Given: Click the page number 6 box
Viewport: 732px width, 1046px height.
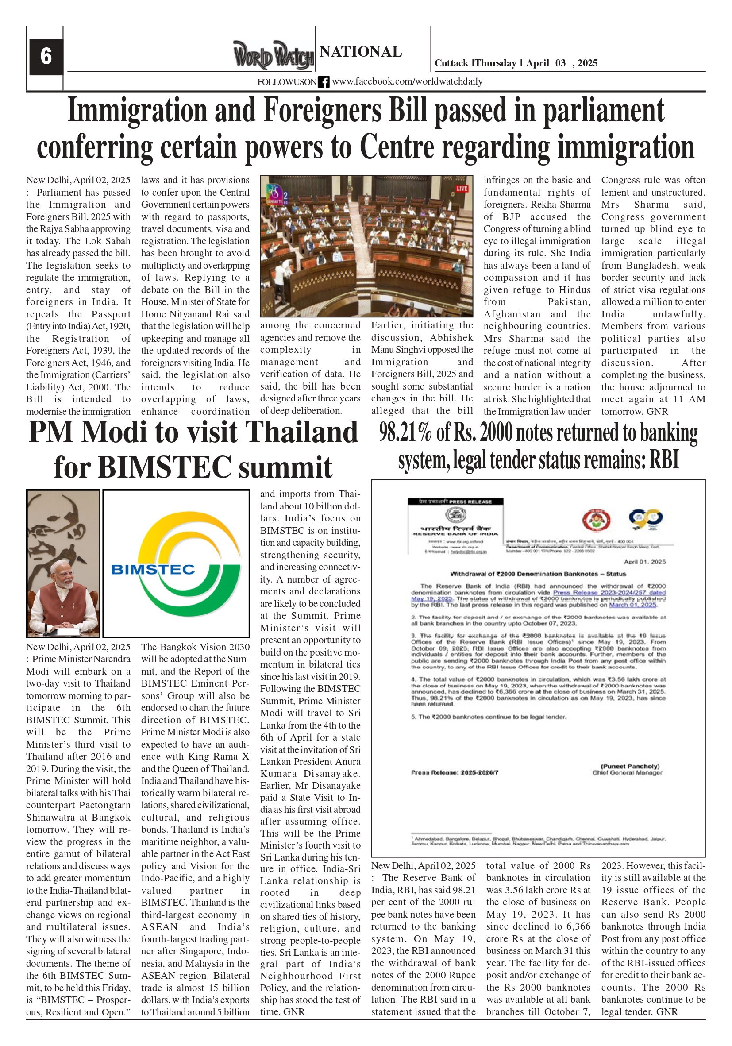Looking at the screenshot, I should pyautogui.click(x=46, y=57).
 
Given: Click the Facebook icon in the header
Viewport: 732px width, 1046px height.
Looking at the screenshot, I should pyautogui.click(x=324, y=82).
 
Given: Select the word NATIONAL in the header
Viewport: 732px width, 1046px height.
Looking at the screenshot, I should pyautogui.click(x=361, y=51).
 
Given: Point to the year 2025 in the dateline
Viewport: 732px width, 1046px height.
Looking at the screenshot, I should pyautogui.click(x=587, y=63).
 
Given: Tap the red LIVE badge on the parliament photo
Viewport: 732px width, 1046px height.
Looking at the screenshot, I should pyautogui.click(x=462, y=189).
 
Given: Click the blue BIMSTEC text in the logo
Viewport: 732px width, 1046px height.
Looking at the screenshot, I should pyautogui.click(x=153, y=569).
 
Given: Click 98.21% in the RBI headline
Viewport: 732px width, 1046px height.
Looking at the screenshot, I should pyautogui.click(x=405, y=433).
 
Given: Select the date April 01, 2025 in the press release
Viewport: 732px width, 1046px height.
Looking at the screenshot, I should pyautogui.click(x=644, y=561).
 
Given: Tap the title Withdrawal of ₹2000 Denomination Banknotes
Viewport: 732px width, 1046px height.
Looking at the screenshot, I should pyautogui.click(x=538, y=574).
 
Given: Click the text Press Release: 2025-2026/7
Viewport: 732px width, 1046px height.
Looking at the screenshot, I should pyautogui.click(x=454, y=772).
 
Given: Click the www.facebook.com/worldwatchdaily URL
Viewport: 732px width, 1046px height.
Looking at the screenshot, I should pyautogui.click(x=407, y=81).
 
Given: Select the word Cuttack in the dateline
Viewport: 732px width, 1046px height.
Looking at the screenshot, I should pyautogui.click(x=451, y=63).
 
